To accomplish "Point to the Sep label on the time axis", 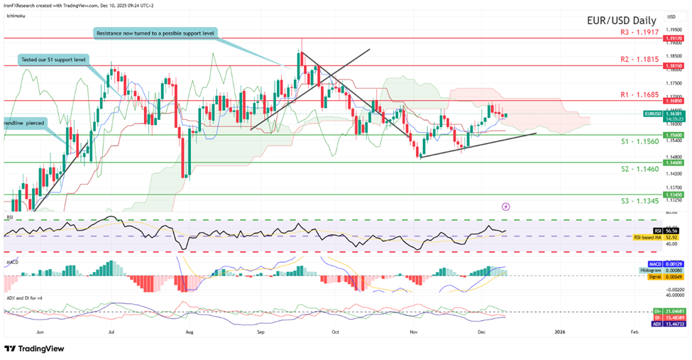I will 260,332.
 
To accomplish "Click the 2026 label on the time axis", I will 559,332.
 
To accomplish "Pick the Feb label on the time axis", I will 634,332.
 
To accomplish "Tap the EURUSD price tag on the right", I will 652,113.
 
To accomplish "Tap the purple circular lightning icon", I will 505,206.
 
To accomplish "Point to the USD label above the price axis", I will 671,16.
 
